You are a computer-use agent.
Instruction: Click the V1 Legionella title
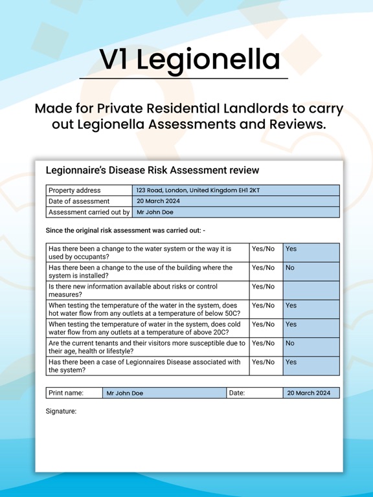point(190,60)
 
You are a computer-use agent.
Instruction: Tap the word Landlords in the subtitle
point(266,108)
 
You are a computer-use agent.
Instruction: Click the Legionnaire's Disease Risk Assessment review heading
point(152,170)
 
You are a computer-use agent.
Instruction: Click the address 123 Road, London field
point(236,190)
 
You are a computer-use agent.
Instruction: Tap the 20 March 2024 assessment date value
point(236,201)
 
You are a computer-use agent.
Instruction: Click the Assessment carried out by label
point(89,212)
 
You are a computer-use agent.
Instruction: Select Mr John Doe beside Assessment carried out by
point(236,212)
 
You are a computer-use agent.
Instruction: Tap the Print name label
point(66,393)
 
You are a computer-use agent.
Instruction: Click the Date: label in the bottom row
point(237,393)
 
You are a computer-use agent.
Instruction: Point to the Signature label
point(61,411)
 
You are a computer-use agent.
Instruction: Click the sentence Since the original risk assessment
point(125,230)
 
